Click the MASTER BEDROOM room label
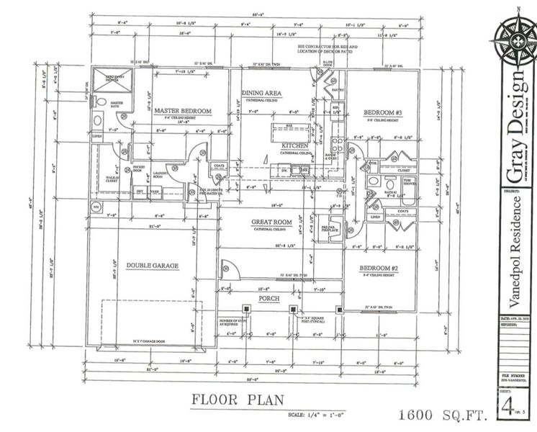tap(182, 111)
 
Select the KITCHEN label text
tap(295, 145)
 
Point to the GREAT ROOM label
tap(270, 222)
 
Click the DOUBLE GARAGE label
tap(152, 265)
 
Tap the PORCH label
tap(267, 297)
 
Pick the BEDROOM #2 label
tap(380, 269)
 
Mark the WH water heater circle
tap(94, 207)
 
